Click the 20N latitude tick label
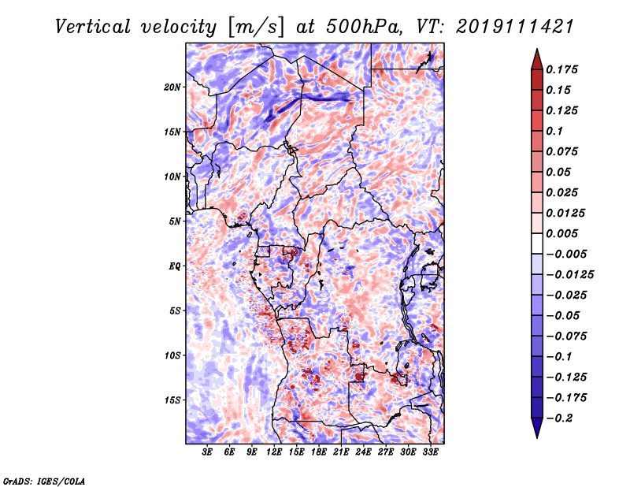click(x=172, y=87)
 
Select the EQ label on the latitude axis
click(x=175, y=266)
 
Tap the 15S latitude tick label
click(x=172, y=400)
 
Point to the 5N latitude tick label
click(x=175, y=221)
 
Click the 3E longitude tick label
click(x=207, y=452)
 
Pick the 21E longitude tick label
click(x=341, y=452)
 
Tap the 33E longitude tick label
click(x=430, y=452)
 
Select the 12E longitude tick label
click(x=274, y=452)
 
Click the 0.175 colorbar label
click(x=561, y=69)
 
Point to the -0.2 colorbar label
click(x=559, y=418)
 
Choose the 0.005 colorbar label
click(x=561, y=233)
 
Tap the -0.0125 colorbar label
click(x=569, y=275)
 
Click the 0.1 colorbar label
click(x=554, y=131)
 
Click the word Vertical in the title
click(x=93, y=27)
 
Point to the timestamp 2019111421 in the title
click(x=515, y=27)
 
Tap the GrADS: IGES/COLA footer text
click(x=44, y=481)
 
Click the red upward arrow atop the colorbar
click(x=537, y=60)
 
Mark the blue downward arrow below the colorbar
click(x=537, y=428)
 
